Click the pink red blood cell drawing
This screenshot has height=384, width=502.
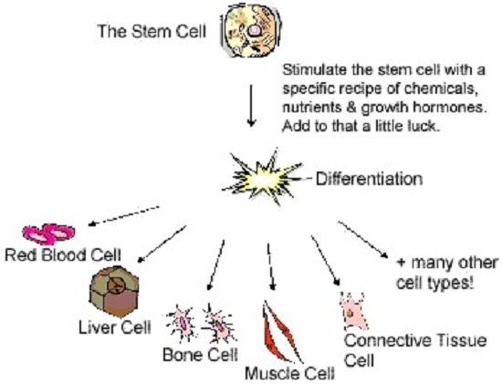tap(47, 234)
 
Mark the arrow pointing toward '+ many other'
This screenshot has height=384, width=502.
tap(364, 238)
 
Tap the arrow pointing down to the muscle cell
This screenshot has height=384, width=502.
tap(269, 263)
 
